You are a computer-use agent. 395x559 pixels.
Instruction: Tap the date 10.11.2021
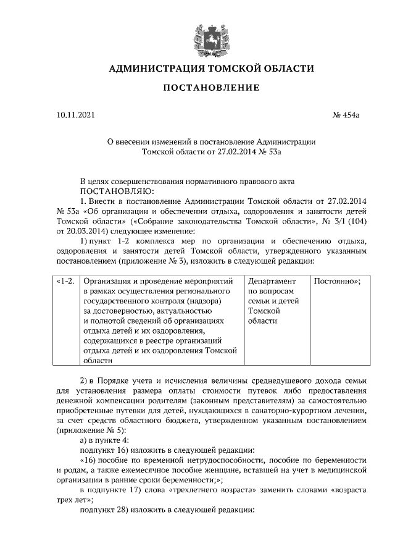[73, 114]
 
